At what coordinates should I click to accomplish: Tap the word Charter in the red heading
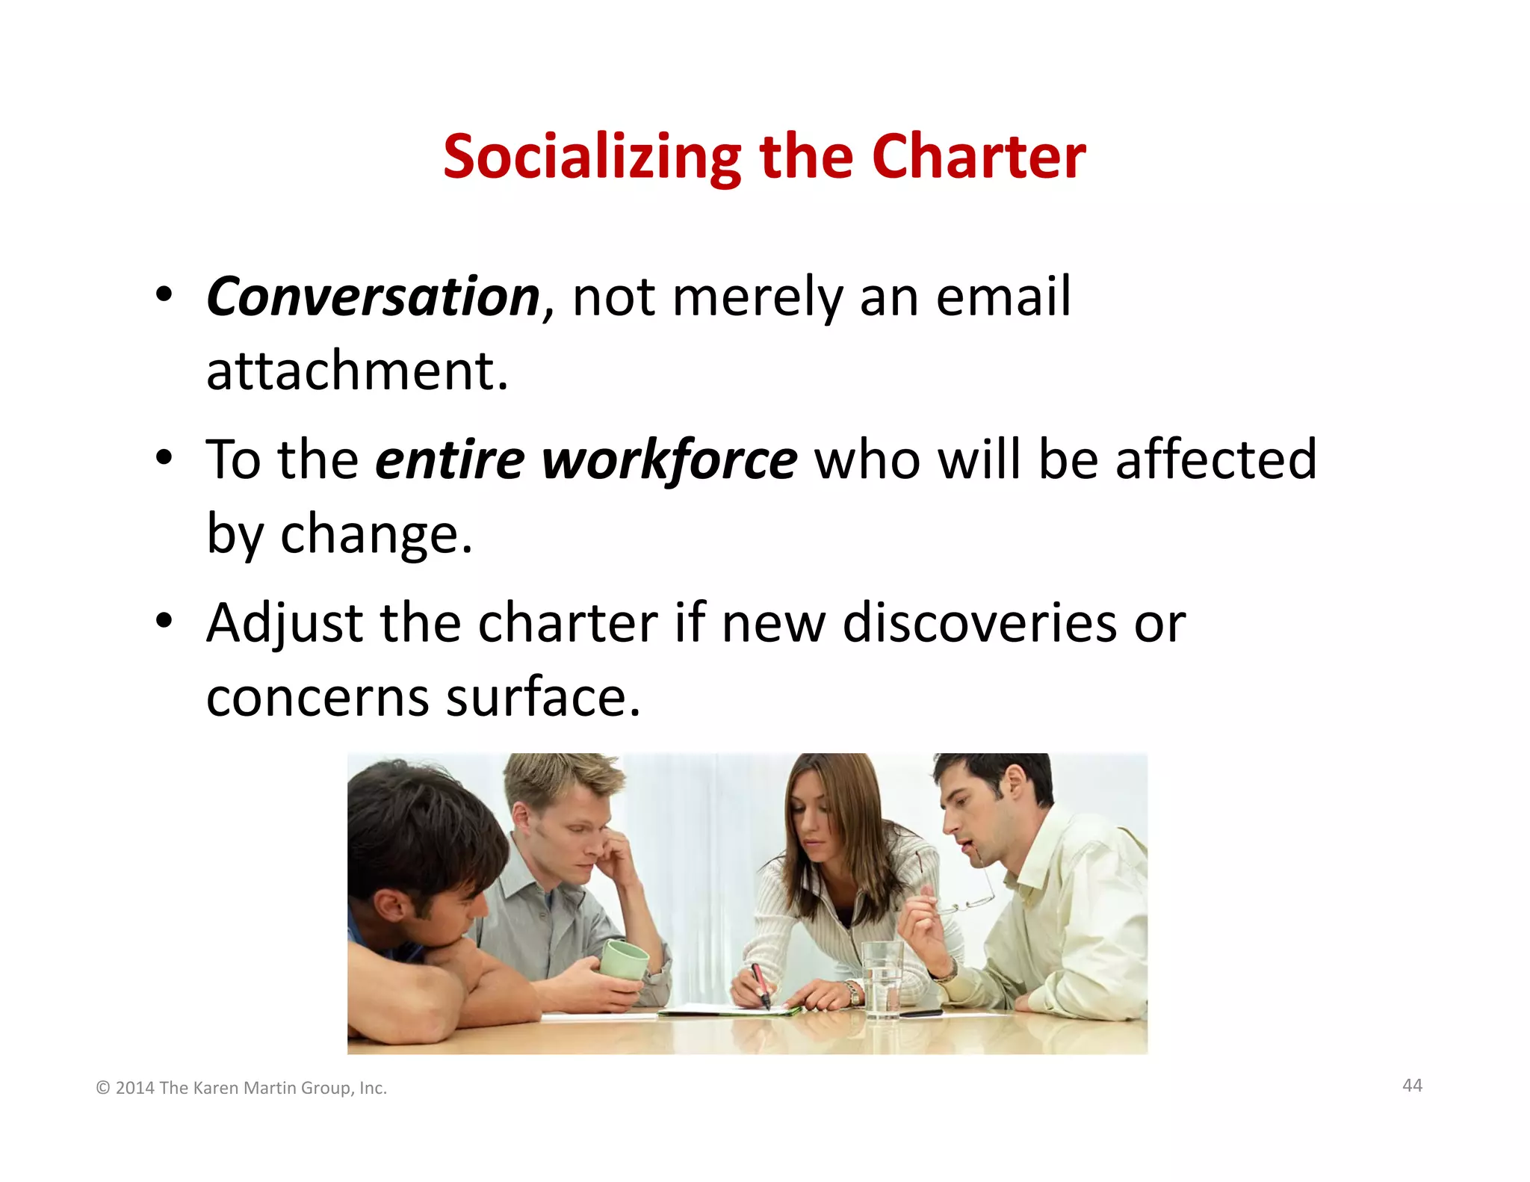pos(979,157)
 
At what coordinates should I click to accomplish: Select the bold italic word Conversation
pos(373,297)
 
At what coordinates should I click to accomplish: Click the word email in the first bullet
pos(1003,297)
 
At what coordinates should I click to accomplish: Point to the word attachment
pos(357,371)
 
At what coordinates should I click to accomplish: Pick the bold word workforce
pos(669,460)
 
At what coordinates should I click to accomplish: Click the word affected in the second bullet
pos(1215,460)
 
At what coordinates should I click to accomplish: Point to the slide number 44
pos(1412,1086)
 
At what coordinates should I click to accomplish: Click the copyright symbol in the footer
pos(103,1088)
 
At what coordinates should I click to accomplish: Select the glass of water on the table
pos(882,979)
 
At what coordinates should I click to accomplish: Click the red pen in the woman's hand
pos(761,985)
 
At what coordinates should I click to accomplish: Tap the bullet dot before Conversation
pos(164,294)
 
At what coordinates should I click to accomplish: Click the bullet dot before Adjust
pos(164,619)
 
